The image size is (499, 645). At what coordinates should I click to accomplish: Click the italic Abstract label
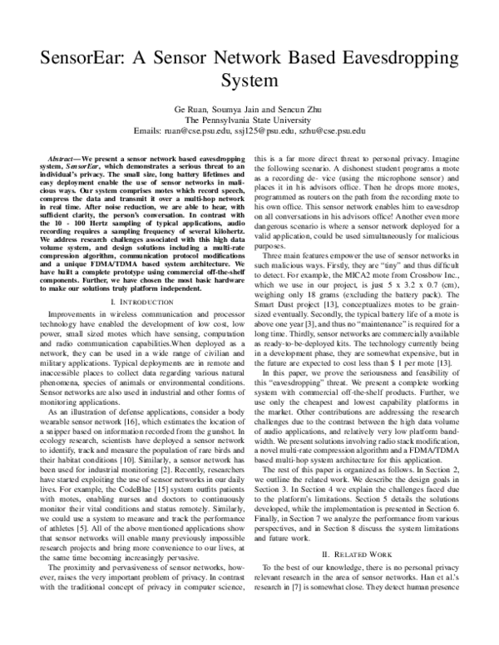(60, 158)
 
